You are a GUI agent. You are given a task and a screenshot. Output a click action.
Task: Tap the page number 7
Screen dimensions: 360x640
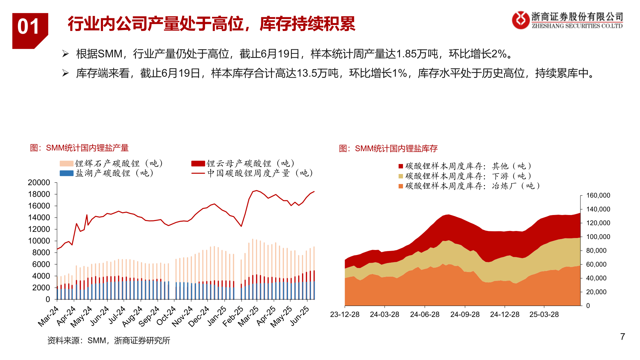(x=622, y=337)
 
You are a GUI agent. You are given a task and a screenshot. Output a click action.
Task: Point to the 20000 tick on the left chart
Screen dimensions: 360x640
(x=39, y=183)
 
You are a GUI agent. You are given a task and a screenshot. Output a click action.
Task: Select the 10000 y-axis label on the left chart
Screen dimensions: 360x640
(x=39, y=241)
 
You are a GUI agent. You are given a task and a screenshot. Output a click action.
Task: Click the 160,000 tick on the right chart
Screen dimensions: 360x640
(x=598, y=196)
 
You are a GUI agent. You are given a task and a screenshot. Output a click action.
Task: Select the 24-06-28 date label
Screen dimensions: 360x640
(x=425, y=315)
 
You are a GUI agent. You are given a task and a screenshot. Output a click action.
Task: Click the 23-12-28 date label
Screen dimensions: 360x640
(x=345, y=315)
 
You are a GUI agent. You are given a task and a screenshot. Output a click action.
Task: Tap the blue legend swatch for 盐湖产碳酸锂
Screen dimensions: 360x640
(x=66, y=173)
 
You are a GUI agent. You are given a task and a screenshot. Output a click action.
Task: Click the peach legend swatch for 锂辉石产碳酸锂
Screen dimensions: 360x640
(x=66, y=164)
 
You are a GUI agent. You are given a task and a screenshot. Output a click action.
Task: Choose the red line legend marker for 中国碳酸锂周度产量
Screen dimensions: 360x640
(x=198, y=173)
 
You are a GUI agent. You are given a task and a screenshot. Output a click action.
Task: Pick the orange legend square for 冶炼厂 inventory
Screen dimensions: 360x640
(x=401, y=186)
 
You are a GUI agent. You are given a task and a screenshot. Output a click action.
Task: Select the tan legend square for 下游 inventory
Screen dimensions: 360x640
(x=401, y=176)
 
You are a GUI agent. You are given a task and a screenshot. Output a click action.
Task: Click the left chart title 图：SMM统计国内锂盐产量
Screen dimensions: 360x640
(x=79, y=148)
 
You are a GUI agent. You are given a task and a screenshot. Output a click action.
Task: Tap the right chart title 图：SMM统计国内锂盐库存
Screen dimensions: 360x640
(x=388, y=149)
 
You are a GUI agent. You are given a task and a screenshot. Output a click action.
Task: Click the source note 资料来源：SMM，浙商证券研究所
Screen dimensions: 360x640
(x=109, y=340)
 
